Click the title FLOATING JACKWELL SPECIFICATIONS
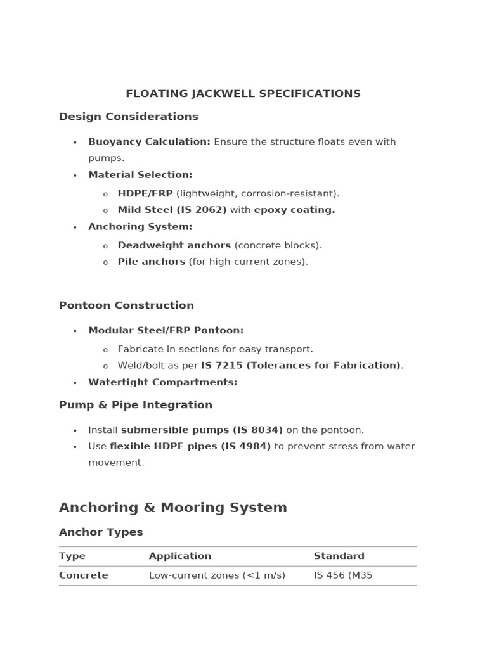(x=243, y=94)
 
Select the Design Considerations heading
(x=129, y=117)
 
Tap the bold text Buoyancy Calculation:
(x=149, y=142)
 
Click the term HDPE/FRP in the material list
(x=145, y=193)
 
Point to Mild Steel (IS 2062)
(x=172, y=210)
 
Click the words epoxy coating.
(x=294, y=210)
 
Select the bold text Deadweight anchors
(x=174, y=245)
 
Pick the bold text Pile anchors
(x=152, y=262)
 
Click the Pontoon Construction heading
(x=126, y=305)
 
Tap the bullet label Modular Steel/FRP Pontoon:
(x=166, y=331)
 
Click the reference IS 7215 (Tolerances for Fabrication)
(x=301, y=366)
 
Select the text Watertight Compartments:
(x=162, y=382)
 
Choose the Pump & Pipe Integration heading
(x=136, y=405)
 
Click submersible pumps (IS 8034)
(x=202, y=430)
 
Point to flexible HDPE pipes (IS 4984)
(x=190, y=446)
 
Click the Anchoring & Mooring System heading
(x=173, y=508)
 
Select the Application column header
(x=180, y=556)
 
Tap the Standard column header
(x=339, y=556)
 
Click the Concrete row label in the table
(x=84, y=575)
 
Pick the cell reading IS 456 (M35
(x=343, y=575)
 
